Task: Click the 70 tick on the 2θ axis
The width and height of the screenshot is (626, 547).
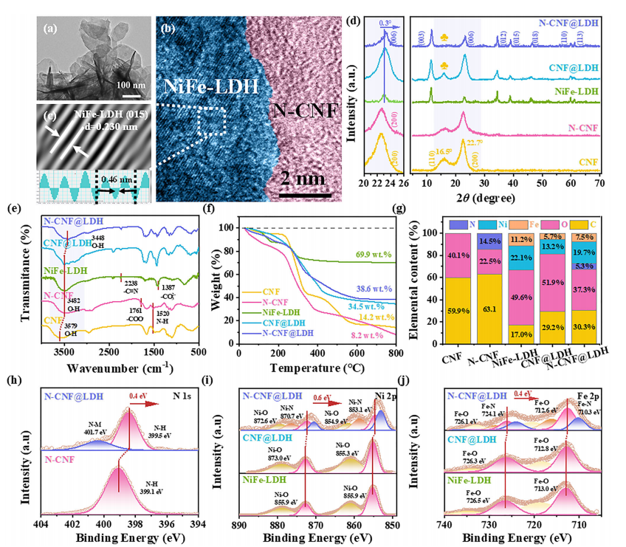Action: pos(599,183)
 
